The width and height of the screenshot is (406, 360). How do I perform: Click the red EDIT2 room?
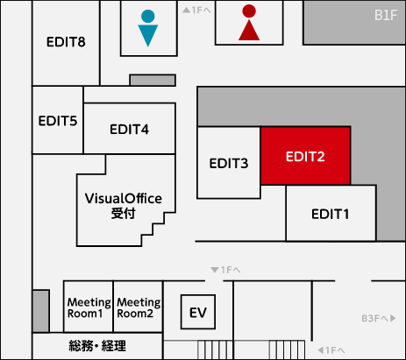[x=305, y=156]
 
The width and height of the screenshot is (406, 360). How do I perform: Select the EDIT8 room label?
[x=66, y=42]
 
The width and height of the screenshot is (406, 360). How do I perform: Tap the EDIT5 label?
[x=58, y=121]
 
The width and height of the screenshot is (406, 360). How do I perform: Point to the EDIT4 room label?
[x=129, y=130]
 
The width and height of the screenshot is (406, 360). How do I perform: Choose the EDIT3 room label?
[x=229, y=163]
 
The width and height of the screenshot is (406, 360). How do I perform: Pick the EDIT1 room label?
[x=331, y=214]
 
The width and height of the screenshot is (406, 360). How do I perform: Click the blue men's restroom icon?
[x=148, y=28]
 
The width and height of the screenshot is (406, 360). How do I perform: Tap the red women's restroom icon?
[x=249, y=23]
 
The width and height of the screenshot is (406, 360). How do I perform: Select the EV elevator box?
[x=198, y=312]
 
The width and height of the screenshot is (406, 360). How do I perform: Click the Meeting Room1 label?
[x=89, y=307]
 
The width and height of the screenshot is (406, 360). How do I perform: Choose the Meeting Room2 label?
[x=139, y=307]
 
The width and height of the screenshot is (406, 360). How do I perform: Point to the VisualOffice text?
[x=124, y=199]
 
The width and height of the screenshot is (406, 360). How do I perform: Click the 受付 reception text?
[x=123, y=214]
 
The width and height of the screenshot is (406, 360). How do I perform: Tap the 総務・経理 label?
[x=97, y=346]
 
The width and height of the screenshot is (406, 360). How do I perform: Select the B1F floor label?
[x=386, y=15]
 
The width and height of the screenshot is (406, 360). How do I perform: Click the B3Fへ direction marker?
[x=379, y=318]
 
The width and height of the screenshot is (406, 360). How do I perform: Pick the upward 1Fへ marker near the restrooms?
[x=196, y=11]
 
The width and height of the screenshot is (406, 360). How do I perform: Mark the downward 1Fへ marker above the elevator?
[x=225, y=270]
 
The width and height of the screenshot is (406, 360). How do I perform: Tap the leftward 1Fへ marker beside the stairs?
[x=331, y=349]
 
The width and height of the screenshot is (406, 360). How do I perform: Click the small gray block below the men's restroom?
[x=153, y=80]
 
